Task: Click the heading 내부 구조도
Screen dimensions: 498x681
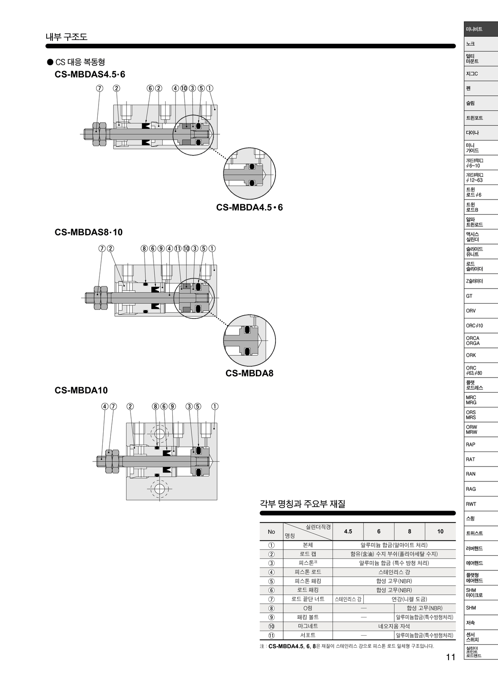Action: (x=66, y=37)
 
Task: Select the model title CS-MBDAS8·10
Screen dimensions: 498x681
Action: (x=89, y=232)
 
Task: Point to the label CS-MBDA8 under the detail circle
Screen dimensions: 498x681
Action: (x=250, y=373)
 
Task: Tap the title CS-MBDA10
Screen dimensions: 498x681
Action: (x=81, y=390)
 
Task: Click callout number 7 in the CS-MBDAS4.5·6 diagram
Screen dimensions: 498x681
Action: (x=99, y=88)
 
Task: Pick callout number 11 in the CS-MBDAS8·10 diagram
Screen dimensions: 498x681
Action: (x=178, y=248)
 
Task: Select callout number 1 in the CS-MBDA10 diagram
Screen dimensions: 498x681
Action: (x=215, y=407)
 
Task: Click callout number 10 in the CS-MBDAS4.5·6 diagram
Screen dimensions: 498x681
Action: (x=184, y=88)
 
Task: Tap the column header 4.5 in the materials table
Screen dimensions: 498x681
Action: (x=348, y=531)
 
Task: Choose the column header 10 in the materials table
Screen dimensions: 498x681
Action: (x=440, y=531)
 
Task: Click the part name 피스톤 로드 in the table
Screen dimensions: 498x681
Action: (x=308, y=572)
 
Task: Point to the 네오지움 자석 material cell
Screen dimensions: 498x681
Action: (x=394, y=626)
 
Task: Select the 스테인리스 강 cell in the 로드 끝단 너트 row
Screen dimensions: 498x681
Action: (x=348, y=599)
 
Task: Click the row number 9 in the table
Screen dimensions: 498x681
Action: (x=271, y=617)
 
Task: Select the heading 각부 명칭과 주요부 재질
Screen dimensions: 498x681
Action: (x=302, y=504)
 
